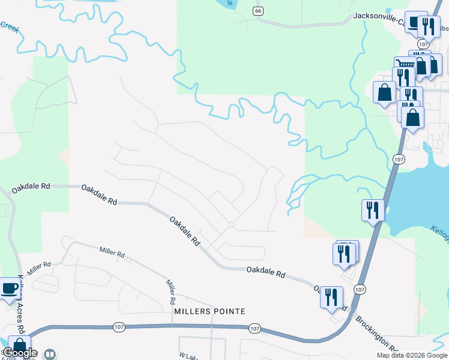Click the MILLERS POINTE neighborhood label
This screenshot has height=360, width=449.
209,311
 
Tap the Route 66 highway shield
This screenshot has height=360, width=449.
258,11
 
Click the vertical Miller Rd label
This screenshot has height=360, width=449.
170,292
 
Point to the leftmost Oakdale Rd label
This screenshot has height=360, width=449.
29,187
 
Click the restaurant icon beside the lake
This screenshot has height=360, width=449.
373,210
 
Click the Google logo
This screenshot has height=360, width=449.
20,353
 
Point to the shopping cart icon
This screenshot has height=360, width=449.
406,64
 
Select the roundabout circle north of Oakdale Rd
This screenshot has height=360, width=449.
231,225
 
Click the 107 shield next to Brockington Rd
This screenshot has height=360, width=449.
359,289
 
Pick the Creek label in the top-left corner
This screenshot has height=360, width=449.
10,26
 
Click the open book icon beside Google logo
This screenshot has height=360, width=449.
50,355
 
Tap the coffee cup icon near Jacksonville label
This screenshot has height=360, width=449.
414,22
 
